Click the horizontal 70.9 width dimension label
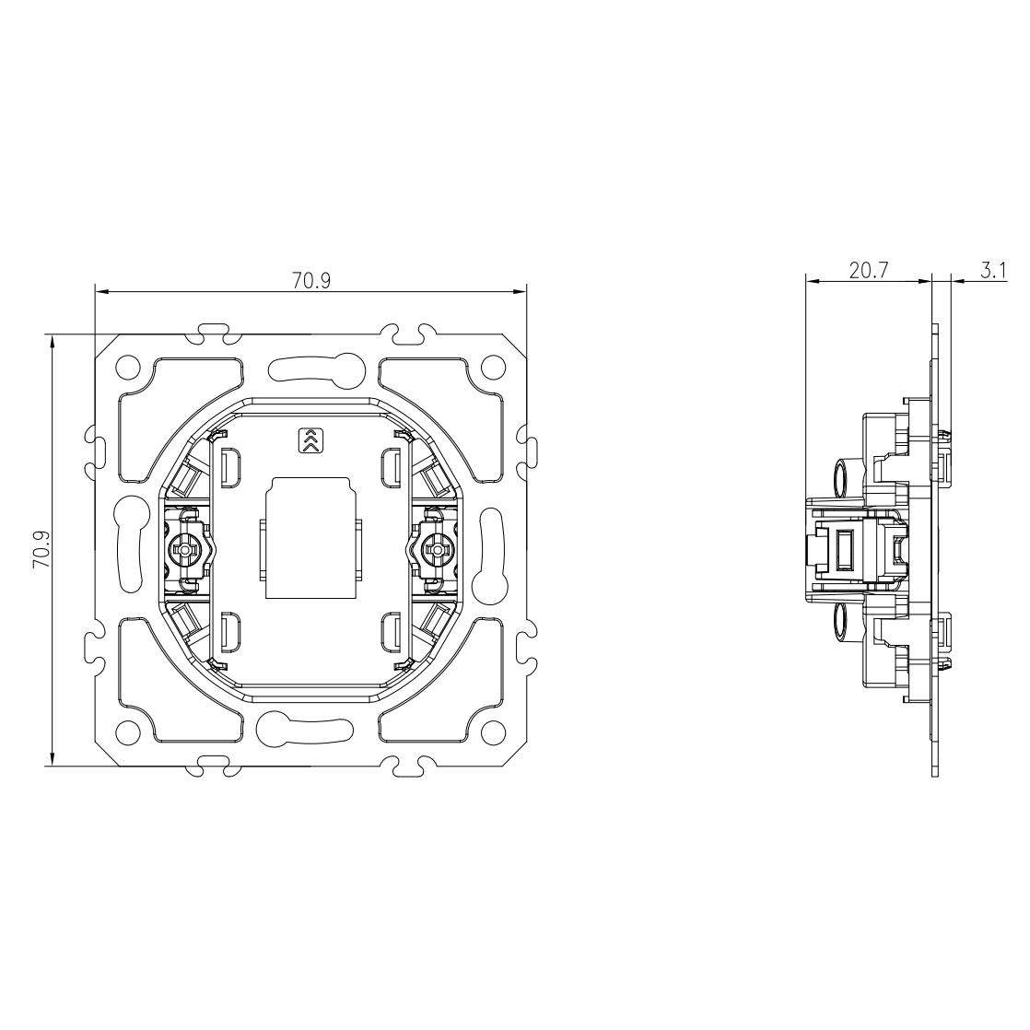[311, 280]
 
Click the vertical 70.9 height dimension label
[42, 549]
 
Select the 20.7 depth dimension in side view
[869, 270]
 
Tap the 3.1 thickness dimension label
[994, 270]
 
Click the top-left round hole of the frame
[127, 367]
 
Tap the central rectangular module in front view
[310, 538]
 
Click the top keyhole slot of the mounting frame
[317, 369]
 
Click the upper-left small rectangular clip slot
[231, 468]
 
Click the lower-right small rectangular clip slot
[392, 633]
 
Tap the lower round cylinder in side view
[844, 621]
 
